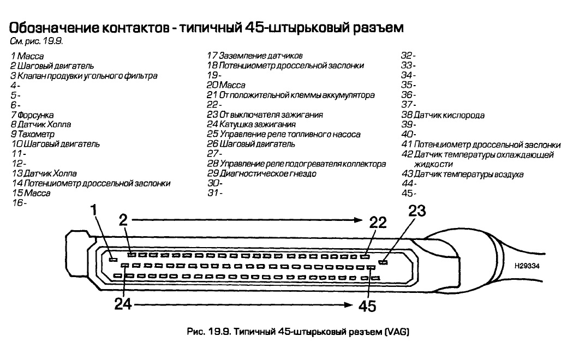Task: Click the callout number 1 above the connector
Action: (94, 209)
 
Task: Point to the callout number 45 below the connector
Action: (367, 306)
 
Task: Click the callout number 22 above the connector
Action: (377, 222)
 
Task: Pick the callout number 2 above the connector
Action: (124, 220)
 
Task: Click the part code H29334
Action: (526, 266)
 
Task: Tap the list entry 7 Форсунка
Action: (32, 115)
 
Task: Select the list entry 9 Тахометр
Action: (32, 134)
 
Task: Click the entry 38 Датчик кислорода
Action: (443, 115)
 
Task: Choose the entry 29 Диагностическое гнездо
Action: (261, 173)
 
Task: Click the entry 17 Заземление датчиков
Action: (255, 56)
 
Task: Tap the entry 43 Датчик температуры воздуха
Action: (462, 174)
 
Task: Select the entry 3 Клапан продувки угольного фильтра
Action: (83, 75)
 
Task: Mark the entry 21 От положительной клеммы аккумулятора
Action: (290, 95)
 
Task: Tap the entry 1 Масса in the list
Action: (27, 56)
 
